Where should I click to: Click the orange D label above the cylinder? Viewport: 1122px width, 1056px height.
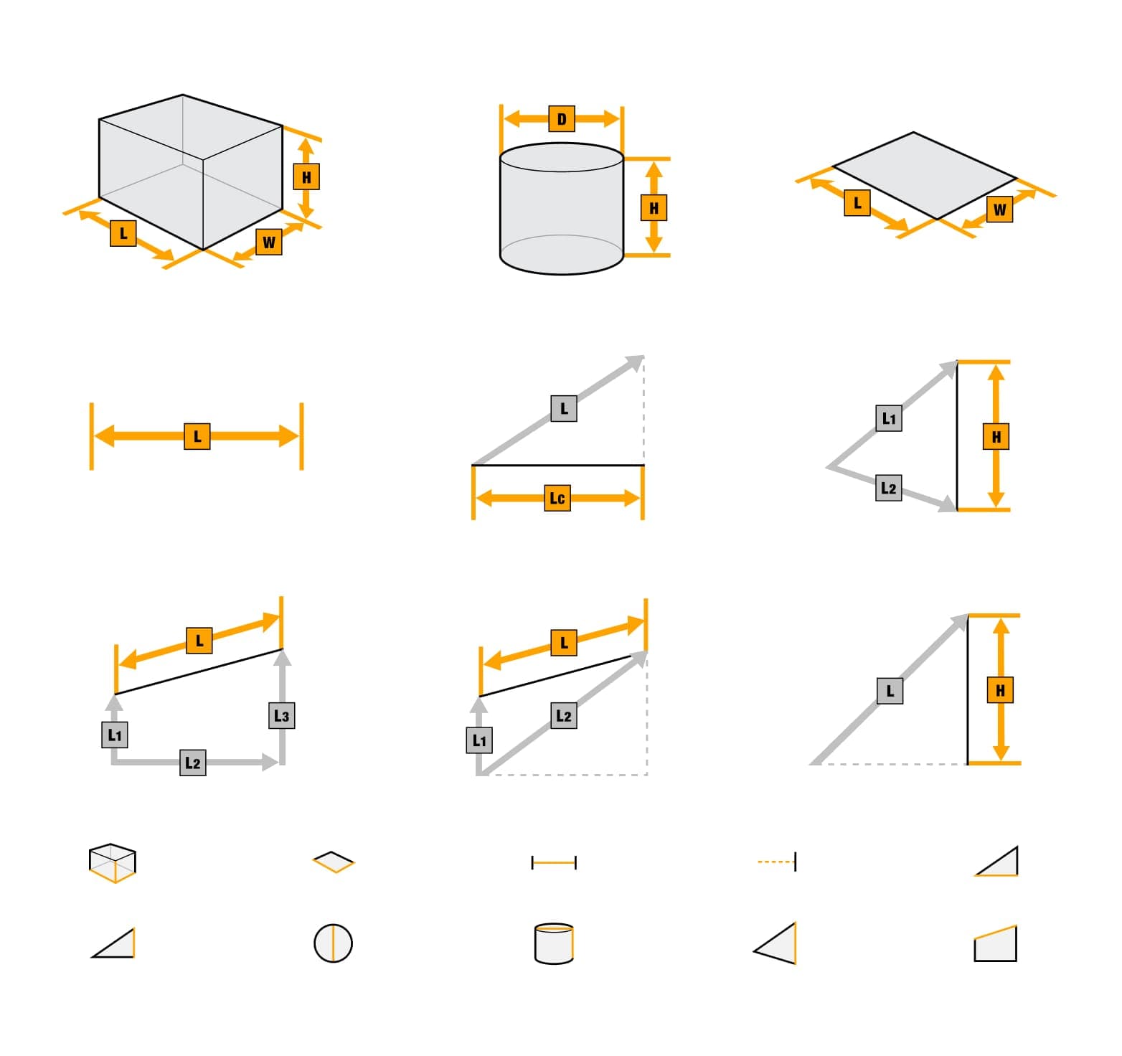(x=561, y=119)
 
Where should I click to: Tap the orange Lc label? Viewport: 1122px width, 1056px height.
(x=557, y=498)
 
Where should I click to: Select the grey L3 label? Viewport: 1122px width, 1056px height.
(x=282, y=715)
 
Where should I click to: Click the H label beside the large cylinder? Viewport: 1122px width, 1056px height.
(x=654, y=208)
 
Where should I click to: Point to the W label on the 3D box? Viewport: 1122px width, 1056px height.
(x=269, y=242)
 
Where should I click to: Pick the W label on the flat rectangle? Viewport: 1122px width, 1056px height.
(x=1000, y=209)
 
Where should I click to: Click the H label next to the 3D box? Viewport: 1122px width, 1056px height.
(x=306, y=176)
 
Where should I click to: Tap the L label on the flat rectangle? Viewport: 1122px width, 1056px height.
(x=857, y=203)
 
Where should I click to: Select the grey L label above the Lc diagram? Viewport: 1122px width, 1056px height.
(x=564, y=408)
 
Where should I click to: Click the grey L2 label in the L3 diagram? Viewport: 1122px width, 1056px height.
(x=192, y=763)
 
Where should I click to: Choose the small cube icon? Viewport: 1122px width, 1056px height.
(x=113, y=862)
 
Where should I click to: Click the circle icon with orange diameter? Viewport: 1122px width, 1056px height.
(x=333, y=943)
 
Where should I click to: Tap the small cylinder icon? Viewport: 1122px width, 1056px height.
(x=554, y=943)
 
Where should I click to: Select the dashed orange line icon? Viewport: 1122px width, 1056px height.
(x=777, y=862)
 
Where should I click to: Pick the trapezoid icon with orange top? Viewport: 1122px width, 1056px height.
(x=995, y=943)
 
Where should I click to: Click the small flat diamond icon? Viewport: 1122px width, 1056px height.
(x=334, y=862)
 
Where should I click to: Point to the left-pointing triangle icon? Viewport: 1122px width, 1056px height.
(x=775, y=943)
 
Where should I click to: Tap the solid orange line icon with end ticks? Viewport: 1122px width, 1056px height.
(x=554, y=862)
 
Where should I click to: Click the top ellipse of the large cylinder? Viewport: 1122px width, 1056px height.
(x=561, y=158)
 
